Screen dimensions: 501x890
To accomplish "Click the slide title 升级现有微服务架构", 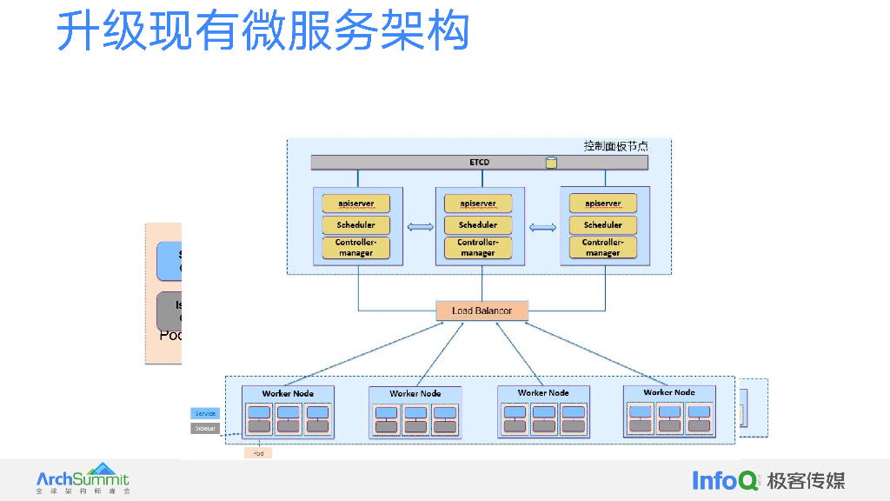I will [x=262, y=31].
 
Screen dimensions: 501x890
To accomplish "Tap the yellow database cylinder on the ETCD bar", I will [x=551, y=163].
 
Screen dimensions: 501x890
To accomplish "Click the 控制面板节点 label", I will [x=615, y=146].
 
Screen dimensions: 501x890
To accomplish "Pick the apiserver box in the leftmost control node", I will [x=355, y=204].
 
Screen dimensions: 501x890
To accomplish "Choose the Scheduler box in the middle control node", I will [x=477, y=225].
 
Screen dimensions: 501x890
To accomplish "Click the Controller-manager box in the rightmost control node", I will [x=602, y=248].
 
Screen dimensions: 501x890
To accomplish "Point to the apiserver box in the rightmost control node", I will [x=602, y=204].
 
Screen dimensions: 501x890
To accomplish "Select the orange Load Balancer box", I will [x=482, y=311].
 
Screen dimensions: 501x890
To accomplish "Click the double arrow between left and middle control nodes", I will [x=420, y=228].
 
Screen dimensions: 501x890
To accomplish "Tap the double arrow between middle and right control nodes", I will [x=543, y=228].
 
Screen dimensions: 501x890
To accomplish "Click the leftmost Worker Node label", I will [x=288, y=394].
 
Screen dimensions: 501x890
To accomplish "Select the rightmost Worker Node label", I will [x=669, y=392].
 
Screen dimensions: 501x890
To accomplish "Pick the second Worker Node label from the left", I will [x=415, y=394].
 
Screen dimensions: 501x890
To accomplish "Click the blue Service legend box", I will [x=204, y=414].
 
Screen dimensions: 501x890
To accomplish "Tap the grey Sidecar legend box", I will [x=204, y=428].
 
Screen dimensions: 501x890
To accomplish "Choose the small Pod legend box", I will [x=258, y=453].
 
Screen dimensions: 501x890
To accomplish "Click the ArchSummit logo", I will [x=83, y=478].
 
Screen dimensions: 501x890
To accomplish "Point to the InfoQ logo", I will [x=725, y=479].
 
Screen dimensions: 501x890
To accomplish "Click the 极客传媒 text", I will [x=806, y=480].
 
